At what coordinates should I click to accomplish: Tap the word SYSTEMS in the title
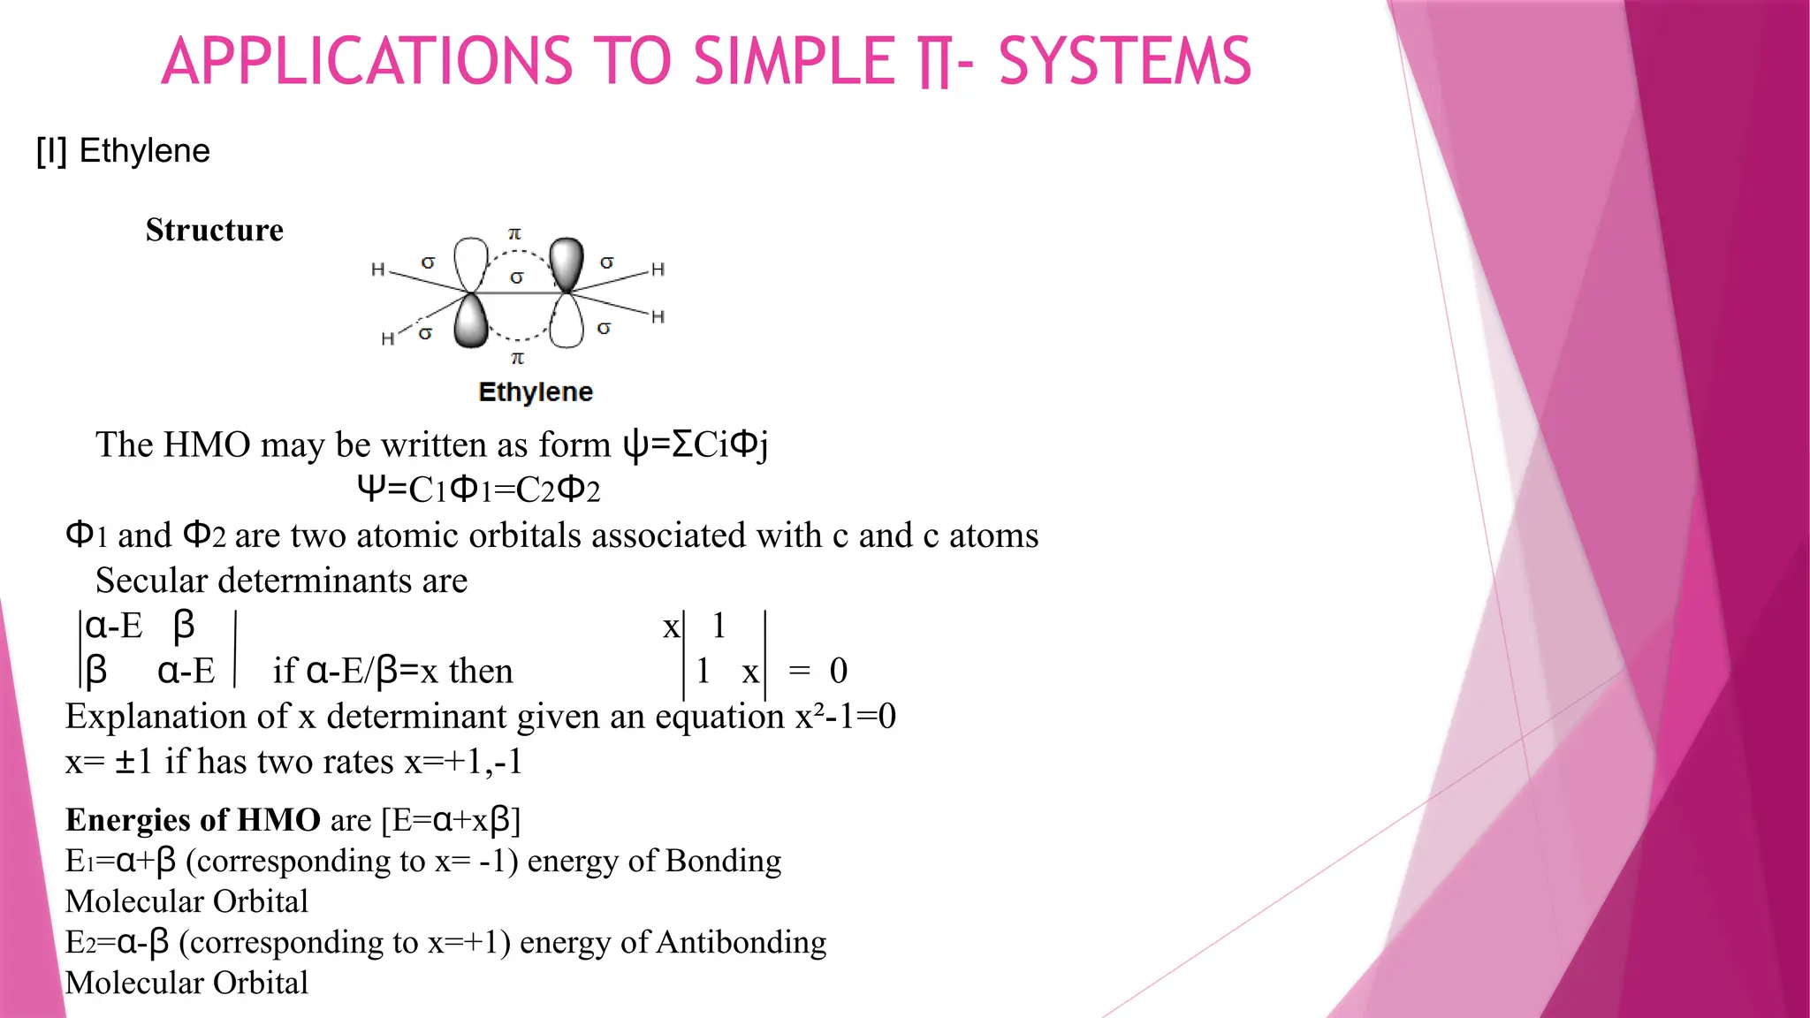point(1124,62)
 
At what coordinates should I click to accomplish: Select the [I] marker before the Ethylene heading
point(51,151)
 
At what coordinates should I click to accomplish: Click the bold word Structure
point(215,230)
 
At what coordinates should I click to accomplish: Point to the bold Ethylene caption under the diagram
point(535,391)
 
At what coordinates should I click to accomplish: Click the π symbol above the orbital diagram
point(514,233)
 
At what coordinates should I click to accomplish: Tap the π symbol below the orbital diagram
point(518,358)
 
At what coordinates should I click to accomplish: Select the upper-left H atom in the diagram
point(378,270)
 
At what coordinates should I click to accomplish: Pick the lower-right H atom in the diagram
point(658,316)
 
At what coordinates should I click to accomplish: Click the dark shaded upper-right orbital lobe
point(567,262)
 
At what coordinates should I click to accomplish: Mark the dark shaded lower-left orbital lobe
point(471,322)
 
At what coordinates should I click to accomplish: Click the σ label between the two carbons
point(517,277)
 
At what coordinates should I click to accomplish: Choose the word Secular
point(151,581)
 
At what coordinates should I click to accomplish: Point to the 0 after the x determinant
point(838,671)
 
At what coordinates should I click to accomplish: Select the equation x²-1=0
point(846,716)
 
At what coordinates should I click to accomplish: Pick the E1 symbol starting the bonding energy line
point(76,862)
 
